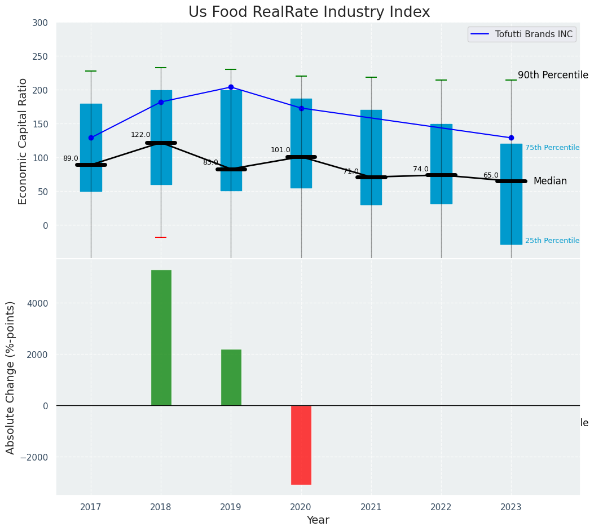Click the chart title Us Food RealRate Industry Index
309,12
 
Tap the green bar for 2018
161,337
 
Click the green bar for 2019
231,377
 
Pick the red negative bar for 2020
301,444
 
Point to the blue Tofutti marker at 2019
231,87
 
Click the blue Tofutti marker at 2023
511,138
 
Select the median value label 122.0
140,135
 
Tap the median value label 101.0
280,150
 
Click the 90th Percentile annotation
553,75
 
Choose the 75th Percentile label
552,148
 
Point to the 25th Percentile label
552,241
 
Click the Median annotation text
550,181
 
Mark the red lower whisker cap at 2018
161,237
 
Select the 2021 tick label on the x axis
371,507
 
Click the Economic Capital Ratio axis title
23,141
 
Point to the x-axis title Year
318,520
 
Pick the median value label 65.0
491,175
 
